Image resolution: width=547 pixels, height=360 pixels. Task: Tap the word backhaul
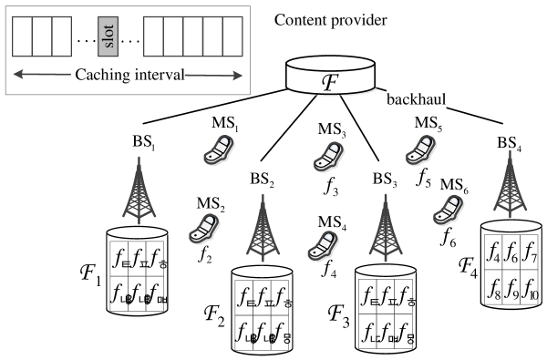[x=417, y=98]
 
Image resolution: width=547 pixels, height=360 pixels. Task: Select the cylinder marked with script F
[x=329, y=77]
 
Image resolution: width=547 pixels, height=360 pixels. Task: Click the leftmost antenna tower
[x=138, y=191]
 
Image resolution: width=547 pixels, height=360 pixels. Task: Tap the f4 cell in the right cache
[x=492, y=251]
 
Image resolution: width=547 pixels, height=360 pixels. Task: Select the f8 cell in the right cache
[x=492, y=288]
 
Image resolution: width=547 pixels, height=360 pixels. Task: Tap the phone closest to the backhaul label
[x=419, y=149]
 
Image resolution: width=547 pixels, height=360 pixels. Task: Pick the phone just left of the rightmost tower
[x=448, y=207]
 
